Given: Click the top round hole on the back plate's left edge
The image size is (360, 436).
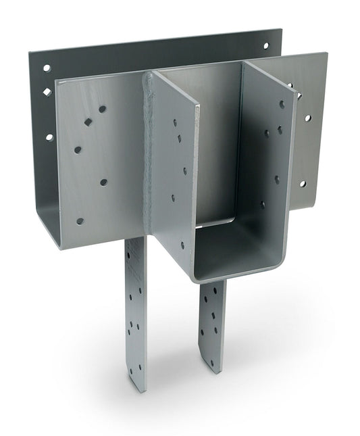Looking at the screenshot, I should (x=47, y=68).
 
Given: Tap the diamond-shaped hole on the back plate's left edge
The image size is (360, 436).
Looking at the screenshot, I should (x=47, y=92).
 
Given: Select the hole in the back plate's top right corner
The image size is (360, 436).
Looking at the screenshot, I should (x=265, y=46).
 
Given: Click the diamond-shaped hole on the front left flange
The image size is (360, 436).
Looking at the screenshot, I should (x=88, y=122).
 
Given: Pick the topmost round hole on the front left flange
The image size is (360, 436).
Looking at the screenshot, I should (x=103, y=108).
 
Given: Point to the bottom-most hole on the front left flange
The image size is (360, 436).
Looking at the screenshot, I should (x=80, y=221).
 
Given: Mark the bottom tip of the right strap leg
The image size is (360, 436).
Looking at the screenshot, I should (x=215, y=368).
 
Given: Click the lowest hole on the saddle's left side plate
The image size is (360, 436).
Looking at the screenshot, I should (x=181, y=245).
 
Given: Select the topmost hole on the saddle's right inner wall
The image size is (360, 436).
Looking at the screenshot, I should (x=282, y=104).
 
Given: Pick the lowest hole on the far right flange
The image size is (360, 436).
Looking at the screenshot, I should (x=302, y=184).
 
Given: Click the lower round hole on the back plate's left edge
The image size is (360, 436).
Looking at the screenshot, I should (x=49, y=137).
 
